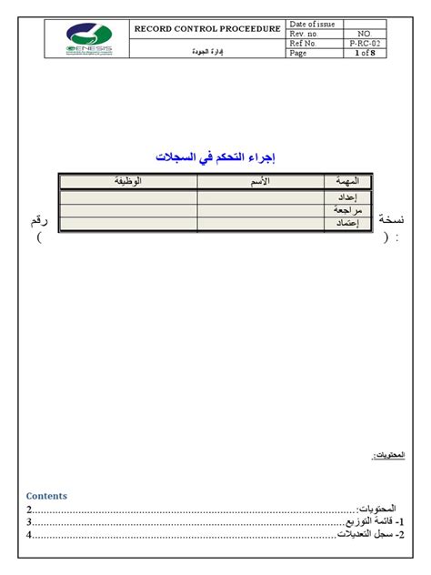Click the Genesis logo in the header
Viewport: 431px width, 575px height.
[x=88, y=39]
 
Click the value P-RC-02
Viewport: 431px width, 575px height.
[x=366, y=44]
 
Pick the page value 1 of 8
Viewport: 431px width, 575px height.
[x=366, y=54]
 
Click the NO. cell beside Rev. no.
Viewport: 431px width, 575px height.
[x=366, y=34]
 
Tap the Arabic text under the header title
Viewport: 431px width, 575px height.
[x=210, y=52]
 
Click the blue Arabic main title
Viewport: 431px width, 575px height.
[x=215, y=156]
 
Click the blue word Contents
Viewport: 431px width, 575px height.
[x=46, y=496]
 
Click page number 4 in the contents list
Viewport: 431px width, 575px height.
[x=29, y=535]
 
